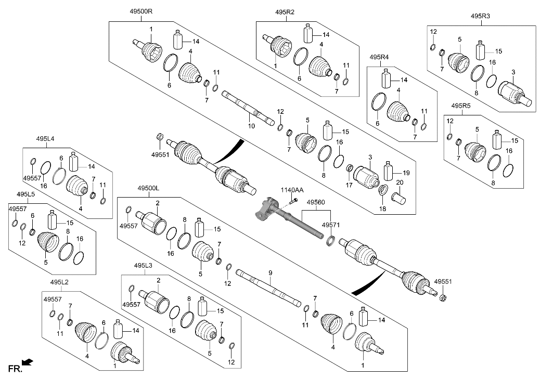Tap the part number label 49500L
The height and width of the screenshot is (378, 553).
click(x=149, y=188)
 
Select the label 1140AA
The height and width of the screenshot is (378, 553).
click(x=291, y=190)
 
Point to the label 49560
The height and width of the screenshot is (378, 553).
click(x=316, y=202)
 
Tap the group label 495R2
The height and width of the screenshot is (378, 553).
click(x=285, y=11)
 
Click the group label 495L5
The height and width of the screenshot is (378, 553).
click(x=25, y=194)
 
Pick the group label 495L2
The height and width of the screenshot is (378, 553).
click(x=60, y=282)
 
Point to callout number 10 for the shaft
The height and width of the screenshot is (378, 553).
click(x=251, y=126)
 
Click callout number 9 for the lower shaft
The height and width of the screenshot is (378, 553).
click(x=270, y=272)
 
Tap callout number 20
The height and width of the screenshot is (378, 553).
click(x=400, y=183)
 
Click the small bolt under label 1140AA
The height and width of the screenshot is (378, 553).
click(x=294, y=200)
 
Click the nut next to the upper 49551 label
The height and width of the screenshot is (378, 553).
click(x=160, y=137)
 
